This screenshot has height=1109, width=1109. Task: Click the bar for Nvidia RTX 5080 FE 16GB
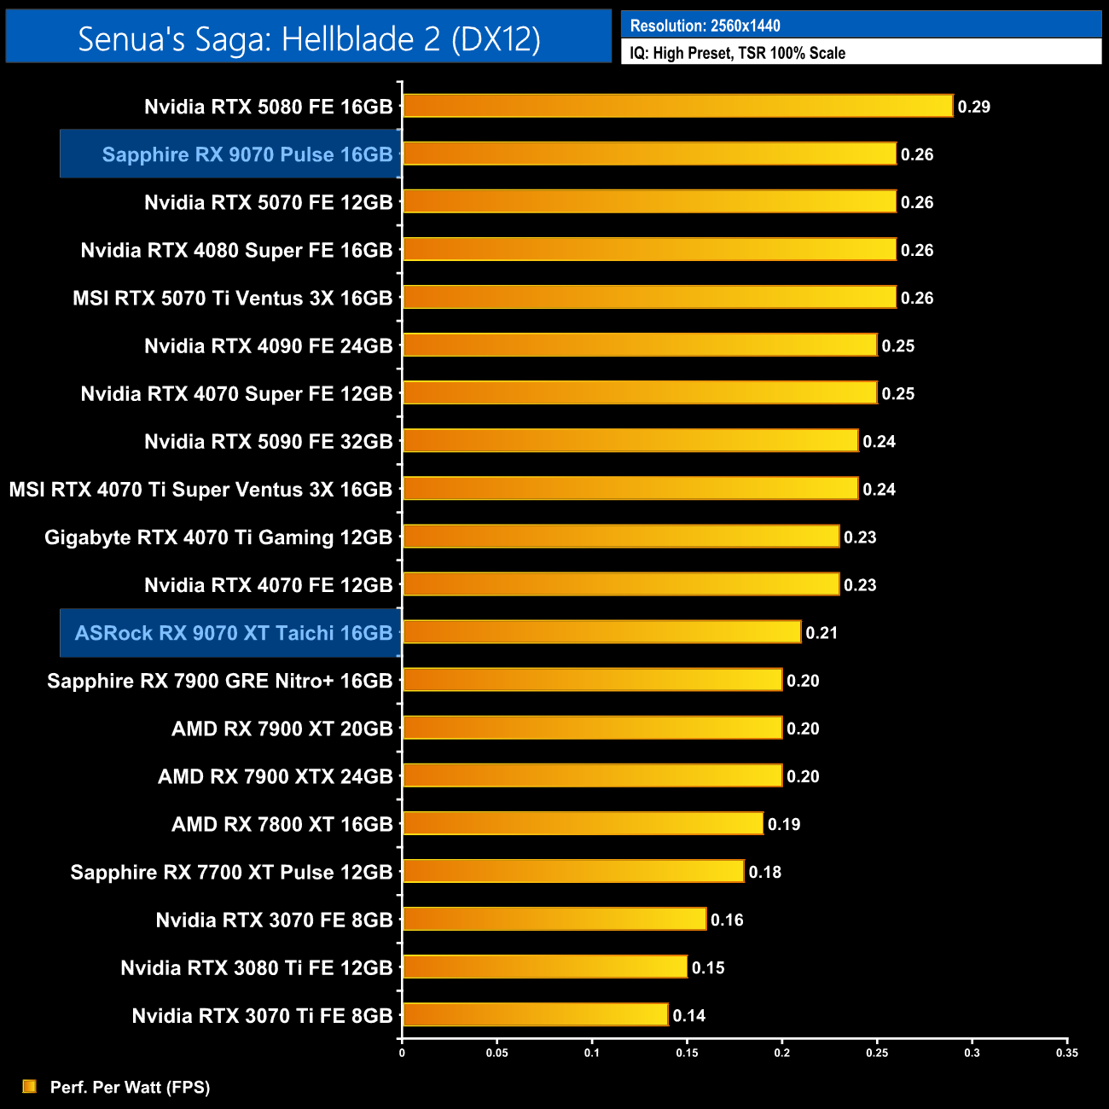[x=677, y=106]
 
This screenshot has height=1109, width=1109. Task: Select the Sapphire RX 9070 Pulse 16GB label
[x=247, y=154]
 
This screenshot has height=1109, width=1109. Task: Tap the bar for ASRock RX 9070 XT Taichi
[x=601, y=632]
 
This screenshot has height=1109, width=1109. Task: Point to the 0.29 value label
[x=973, y=107]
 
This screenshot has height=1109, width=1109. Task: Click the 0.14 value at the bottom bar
[x=688, y=1015]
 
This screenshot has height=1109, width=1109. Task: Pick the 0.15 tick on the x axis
[x=687, y=1053]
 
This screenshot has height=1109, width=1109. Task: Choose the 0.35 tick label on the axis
[x=1066, y=1053]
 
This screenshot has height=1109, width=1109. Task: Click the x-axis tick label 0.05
[x=496, y=1053]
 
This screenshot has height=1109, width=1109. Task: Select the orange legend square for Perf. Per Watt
[x=29, y=1086]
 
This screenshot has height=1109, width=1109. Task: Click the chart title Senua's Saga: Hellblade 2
[x=309, y=38]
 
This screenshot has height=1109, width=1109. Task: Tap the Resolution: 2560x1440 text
[x=705, y=26]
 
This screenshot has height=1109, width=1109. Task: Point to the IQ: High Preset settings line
[x=737, y=53]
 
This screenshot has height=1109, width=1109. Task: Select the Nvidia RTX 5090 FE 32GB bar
[x=630, y=441]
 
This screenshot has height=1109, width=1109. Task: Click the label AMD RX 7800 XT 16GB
[x=282, y=824]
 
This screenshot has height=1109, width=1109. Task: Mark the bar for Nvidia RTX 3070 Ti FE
[x=535, y=1015]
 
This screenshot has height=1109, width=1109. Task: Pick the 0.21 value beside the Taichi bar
[x=822, y=633]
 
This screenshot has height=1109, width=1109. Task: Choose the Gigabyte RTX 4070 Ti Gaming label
[x=218, y=537]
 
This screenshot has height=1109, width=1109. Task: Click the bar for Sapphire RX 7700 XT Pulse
[x=573, y=871]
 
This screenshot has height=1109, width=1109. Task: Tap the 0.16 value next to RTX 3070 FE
[x=727, y=920]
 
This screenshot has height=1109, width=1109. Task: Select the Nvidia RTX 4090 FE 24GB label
[x=268, y=345]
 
